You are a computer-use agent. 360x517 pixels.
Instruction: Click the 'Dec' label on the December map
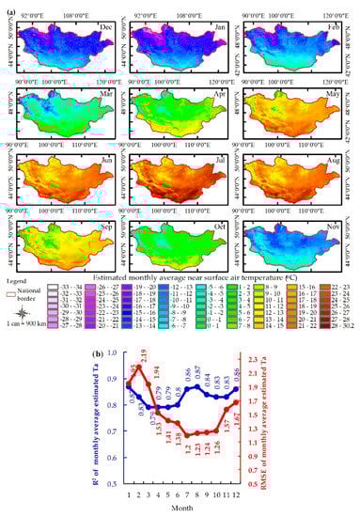point(104,29)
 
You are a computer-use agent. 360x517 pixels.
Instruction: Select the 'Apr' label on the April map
point(216,96)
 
